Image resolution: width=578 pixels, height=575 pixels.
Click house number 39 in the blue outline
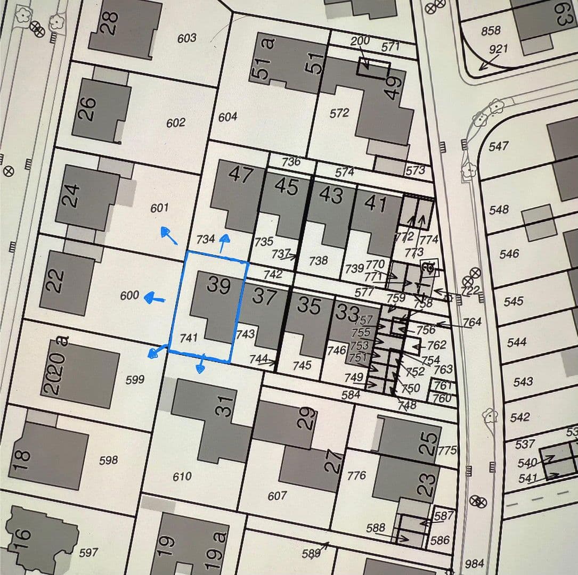218,286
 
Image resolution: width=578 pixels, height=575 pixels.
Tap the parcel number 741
189,338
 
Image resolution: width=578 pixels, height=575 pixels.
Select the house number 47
240,175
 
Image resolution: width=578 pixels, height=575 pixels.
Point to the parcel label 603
186,38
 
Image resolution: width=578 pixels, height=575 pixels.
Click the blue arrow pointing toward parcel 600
156,299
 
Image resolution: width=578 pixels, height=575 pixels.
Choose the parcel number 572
339,113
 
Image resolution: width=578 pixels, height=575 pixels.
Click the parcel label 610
182,476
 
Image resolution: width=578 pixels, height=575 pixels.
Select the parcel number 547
499,145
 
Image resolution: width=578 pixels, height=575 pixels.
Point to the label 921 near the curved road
499,49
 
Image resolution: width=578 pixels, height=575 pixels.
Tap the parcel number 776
356,474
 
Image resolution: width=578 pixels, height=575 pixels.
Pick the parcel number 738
318,260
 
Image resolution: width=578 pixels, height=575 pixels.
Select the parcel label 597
88,553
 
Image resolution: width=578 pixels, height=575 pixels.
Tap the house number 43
331,195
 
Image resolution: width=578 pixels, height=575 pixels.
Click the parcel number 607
277,496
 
